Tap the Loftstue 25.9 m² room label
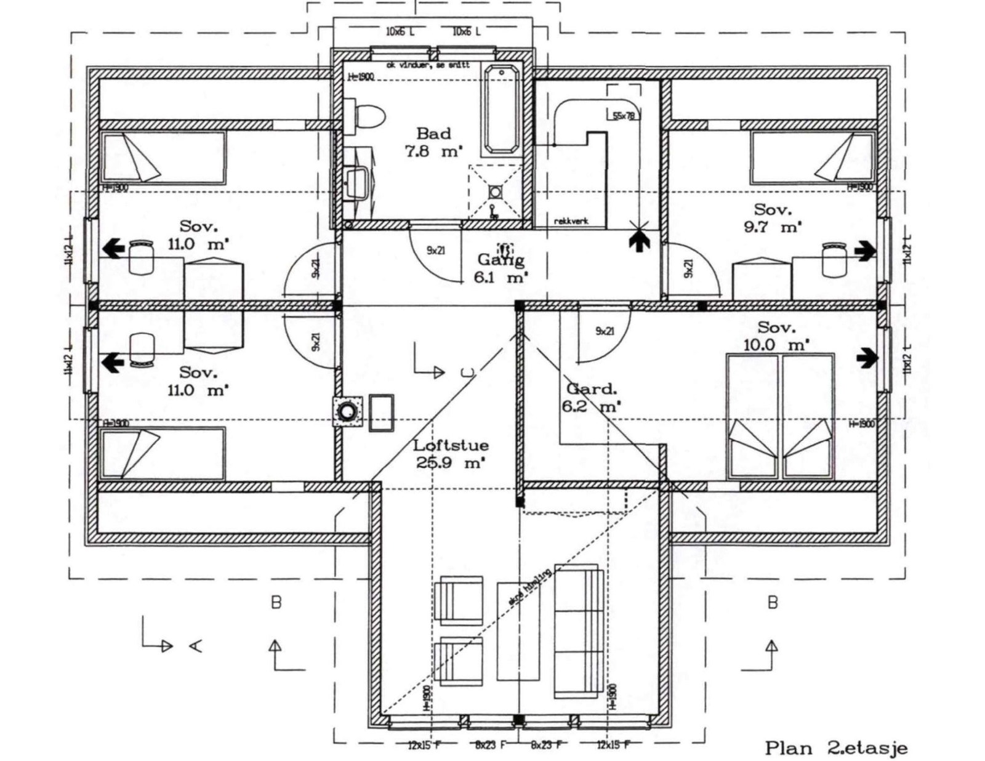tap(451, 454)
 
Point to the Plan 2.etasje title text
tap(836, 748)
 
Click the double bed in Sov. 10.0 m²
tap(780, 416)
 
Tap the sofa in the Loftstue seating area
tap(578, 631)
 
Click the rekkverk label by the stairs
tap(570, 220)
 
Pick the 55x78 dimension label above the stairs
tap(623, 115)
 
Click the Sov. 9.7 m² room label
tap(773, 218)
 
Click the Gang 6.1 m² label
tap(501, 269)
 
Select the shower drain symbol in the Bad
tap(495, 192)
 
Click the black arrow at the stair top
tap(640, 239)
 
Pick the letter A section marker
tap(196, 645)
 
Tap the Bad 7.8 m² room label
tap(433, 142)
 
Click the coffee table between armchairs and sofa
tap(518, 630)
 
